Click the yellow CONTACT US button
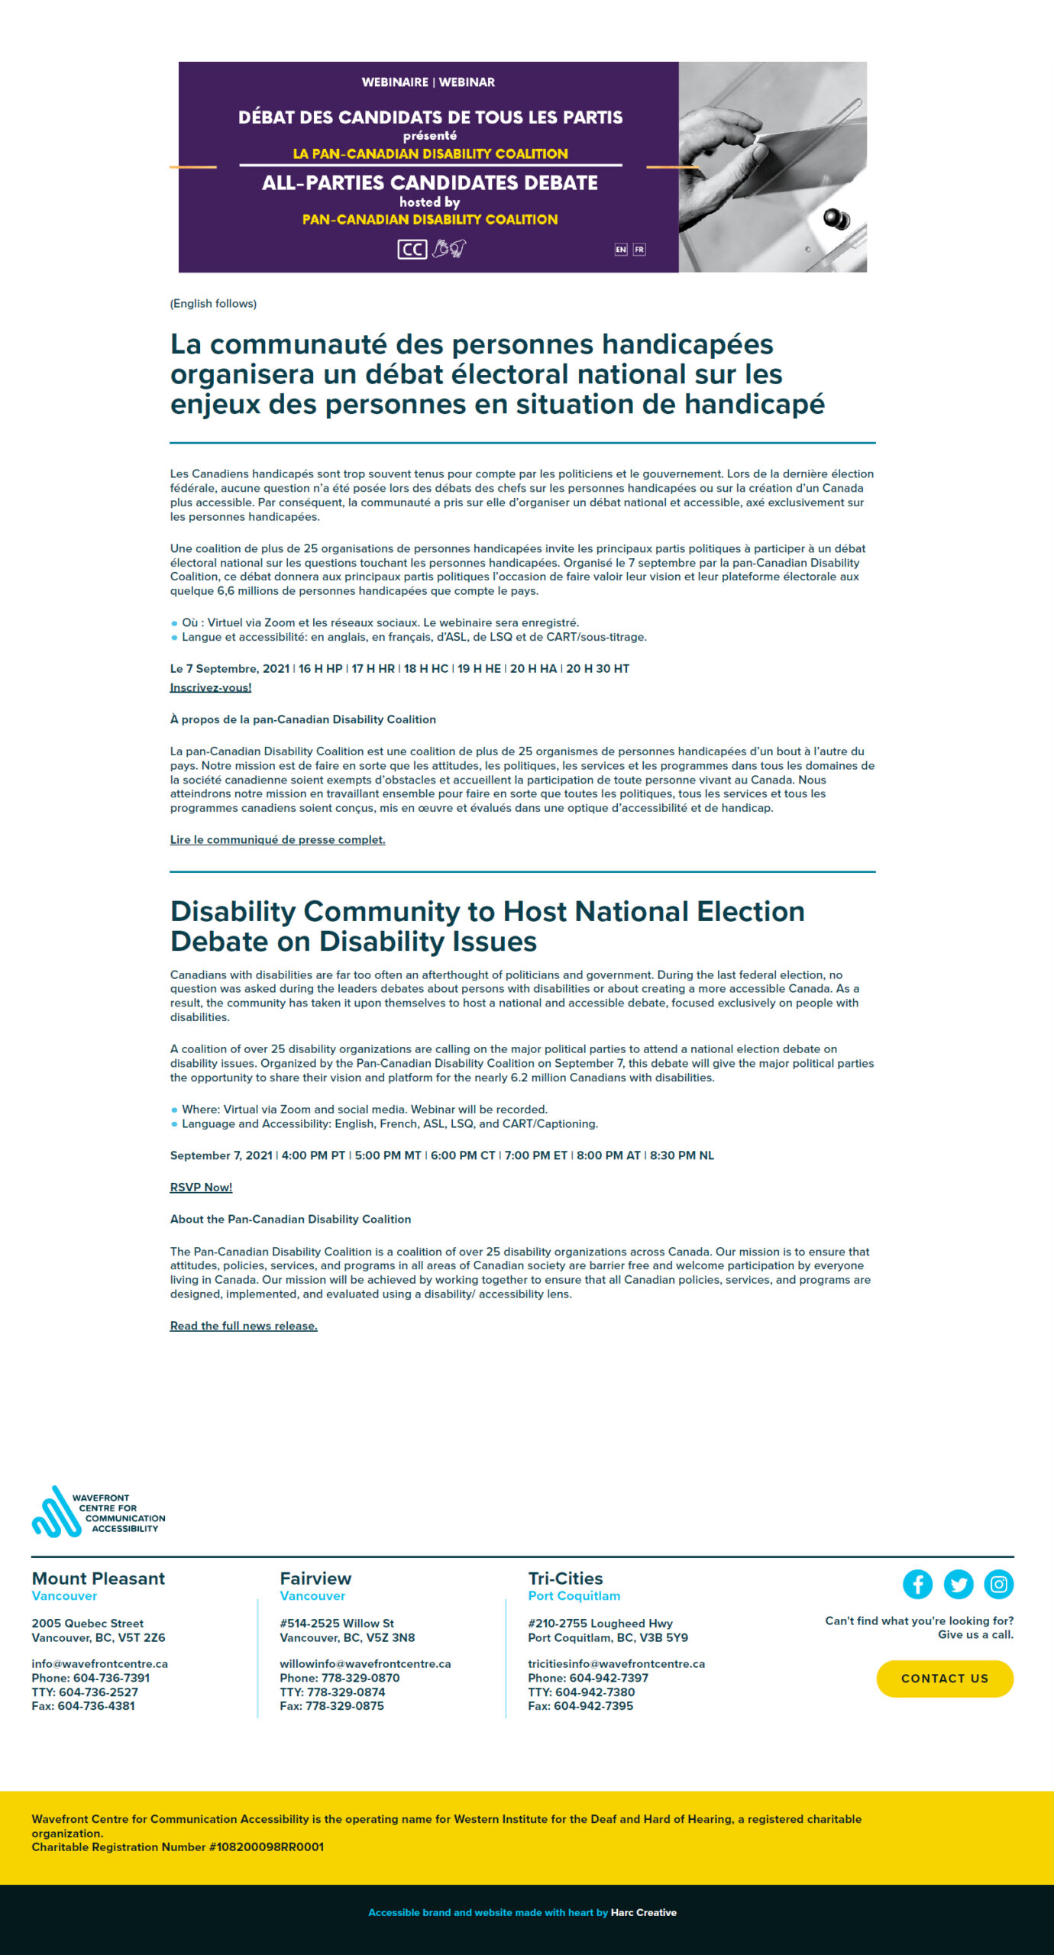point(945,1678)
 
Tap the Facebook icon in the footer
point(917,1584)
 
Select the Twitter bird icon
point(958,1584)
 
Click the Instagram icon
point(998,1584)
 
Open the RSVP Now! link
point(201,1187)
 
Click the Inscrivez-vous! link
point(210,687)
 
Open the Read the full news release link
point(244,1326)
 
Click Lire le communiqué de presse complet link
point(277,839)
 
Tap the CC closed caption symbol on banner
point(412,250)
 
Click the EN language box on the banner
point(621,250)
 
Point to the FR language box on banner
point(639,250)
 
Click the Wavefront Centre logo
point(98,1512)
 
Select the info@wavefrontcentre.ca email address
point(99,1663)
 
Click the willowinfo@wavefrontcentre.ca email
point(365,1663)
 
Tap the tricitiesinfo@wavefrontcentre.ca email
point(616,1663)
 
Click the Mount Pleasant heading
point(98,1578)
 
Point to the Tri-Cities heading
point(565,1578)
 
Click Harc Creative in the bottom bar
point(643,1912)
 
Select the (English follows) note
point(213,303)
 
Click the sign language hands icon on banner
point(449,249)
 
